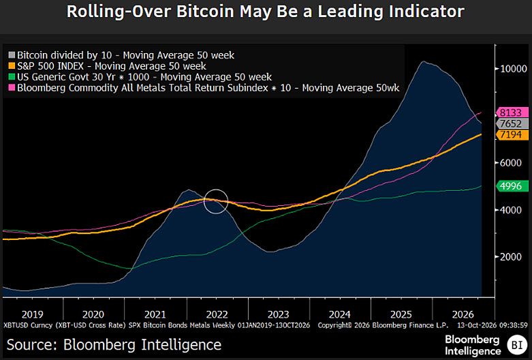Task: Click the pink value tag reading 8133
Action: tap(512, 112)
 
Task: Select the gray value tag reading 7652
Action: tap(512, 123)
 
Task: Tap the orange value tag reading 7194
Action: tap(512, 134)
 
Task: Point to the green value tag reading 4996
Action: tap(512, 186)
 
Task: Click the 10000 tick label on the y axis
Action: tap(514, 69)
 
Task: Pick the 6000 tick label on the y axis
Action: tap(511, 163)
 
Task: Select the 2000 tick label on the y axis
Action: tap(511, 257)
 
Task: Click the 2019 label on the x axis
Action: tap(32, 314)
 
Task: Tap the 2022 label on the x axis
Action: tap(217, 314)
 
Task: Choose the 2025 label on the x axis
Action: tap(401, 314)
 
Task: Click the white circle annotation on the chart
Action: tap(216, 189)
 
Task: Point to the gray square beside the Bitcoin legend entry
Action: tap(12, 55)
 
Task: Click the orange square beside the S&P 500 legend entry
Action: tap(12, 66)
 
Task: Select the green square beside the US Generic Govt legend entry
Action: tap(12, 77)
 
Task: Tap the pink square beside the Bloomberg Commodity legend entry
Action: tap(12, 88)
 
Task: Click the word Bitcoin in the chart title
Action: tap(205, 12)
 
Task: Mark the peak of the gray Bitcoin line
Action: tap(423, 61)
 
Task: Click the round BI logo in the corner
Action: tap(517, 345)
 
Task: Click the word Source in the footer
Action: tap(29, 345)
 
